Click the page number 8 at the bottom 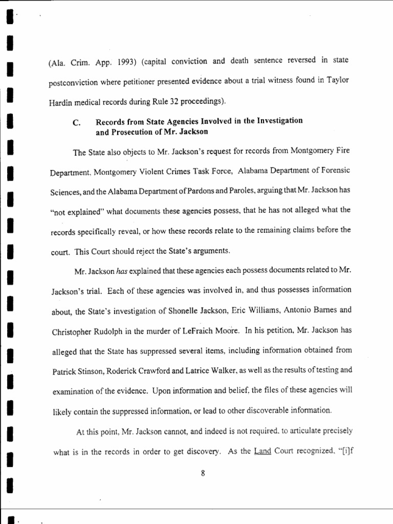(x=203, y=473)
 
